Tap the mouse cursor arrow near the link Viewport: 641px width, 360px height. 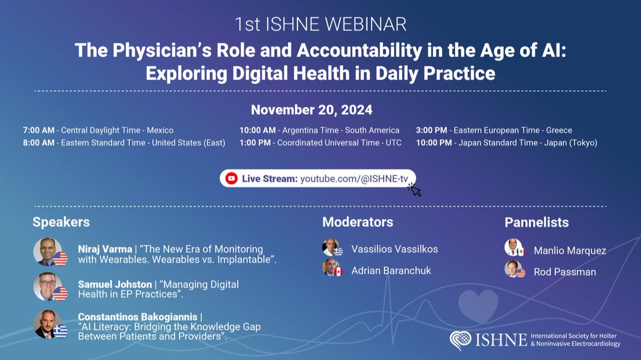[415, 190]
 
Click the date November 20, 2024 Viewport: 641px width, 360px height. [311, 111]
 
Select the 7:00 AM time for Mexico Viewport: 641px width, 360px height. [39, 130]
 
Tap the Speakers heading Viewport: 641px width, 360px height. [61, 222]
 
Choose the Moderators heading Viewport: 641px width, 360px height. [357, 222]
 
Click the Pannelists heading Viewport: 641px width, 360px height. [536, 222]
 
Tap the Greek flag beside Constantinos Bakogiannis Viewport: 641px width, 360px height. [60, 331]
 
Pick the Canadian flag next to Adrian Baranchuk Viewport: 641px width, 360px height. [338, 272]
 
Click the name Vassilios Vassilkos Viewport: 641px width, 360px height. [395, 249]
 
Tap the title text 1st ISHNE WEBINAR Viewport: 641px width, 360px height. [320, 24]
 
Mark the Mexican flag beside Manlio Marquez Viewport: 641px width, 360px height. [520, 252]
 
